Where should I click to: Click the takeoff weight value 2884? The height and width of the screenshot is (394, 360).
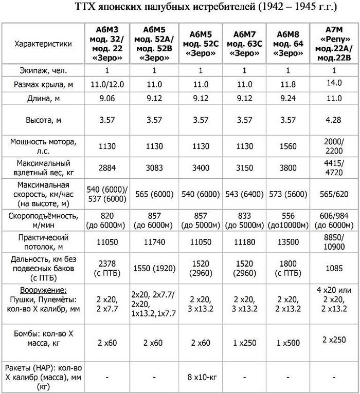click(x=106, y=168)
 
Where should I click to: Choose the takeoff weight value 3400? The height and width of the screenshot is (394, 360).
click(x=200, y=168)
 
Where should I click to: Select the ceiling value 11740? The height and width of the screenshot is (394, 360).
click(x=154, y=241)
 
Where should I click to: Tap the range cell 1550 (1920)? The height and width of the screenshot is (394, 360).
click(x=154, y=269)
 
